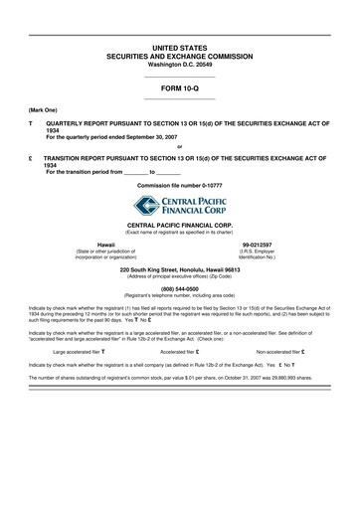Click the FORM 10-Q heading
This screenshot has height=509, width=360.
tap(180, 87)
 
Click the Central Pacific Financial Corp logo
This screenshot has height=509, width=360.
tap(180, 207)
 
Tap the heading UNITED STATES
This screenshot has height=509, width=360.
tap(180, 48)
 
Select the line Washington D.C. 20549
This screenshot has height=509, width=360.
tap(180, 65)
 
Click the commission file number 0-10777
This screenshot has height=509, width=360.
tap(180, 186)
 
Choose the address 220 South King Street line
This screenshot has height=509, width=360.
tap(180, 269)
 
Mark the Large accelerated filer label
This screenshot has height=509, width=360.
tap(76, 351)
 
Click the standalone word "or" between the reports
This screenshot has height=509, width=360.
tap(179, 146)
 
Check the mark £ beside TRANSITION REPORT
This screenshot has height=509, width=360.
tap(31, 157)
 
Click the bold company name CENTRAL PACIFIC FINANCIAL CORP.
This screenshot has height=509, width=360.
tap(180, 226)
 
